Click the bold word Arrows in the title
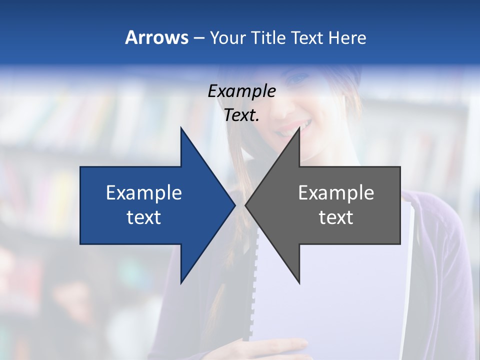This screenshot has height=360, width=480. [156, 37]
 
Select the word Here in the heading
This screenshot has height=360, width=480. [347, 37]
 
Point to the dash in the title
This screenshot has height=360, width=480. [198, 38]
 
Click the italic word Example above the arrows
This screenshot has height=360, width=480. [242, 91]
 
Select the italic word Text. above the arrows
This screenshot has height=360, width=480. [242, 115]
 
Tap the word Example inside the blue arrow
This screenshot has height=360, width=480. [144, 193]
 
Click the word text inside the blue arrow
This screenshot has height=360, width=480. [144, 217]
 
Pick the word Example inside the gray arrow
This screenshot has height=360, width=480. [336, 193]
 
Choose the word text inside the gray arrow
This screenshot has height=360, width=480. [336, 217]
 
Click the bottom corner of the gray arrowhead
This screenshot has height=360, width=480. [299, 282]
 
